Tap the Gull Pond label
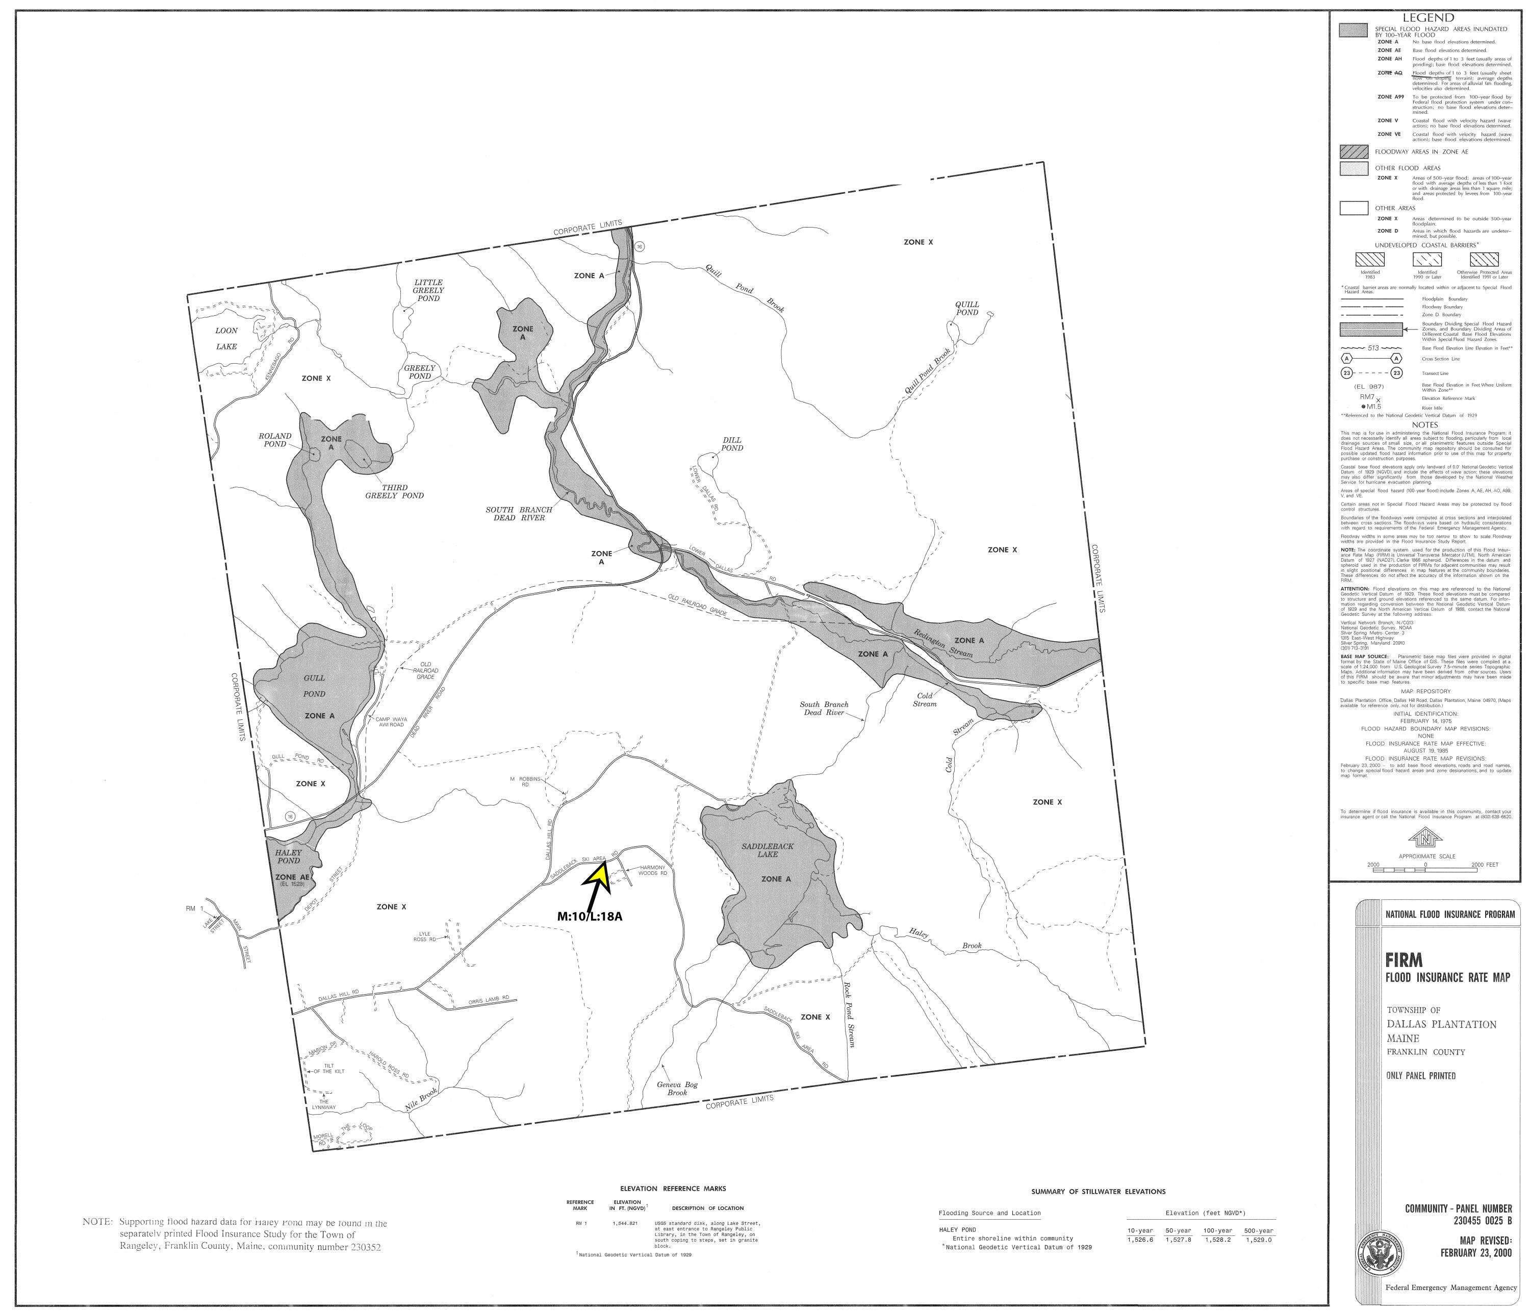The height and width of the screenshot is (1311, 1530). click(x=314, y=686)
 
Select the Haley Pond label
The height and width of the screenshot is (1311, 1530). click(x=288, y=856)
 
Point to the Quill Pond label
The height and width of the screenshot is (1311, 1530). click(x=966, y=308)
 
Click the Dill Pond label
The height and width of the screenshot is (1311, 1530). click(x=732, y=444)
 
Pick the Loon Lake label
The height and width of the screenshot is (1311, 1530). click(x=226, y=338)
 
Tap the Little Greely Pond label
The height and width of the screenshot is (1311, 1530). click(x=428, y=290)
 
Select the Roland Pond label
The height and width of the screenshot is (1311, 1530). click(x=275, y=439)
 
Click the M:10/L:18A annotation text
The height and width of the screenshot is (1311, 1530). click(x=590, y=916)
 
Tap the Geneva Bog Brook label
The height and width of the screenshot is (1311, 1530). click(x=677, y=1089)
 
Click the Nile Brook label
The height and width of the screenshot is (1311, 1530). click(x=422, y=1100)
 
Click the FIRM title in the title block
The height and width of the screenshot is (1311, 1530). click(x=1402, y=960)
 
